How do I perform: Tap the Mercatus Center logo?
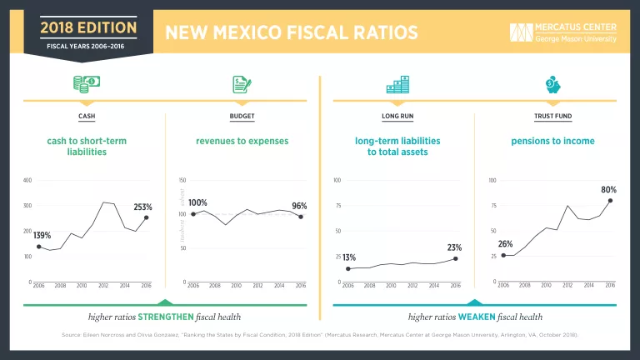click(x=564, y=32)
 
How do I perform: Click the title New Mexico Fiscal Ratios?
click(x=292, y=32)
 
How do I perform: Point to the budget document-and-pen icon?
click(x=242, y=84)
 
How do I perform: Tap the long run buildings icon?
click(x=397, y=84)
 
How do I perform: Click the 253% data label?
click(x=143, y=207)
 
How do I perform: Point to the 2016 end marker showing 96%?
click(x=300, y=217)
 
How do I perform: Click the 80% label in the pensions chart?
click(x=608, y=190)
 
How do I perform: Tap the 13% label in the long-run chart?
click(x=349, y=257)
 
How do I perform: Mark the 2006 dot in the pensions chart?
click(x=503, y=255)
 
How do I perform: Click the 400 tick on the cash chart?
click(x=28, y=181)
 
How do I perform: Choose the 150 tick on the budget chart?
click(x=183, y=181)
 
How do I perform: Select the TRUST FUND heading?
click(x=552, y=116)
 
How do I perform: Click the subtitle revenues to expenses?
click(x=242, y=141)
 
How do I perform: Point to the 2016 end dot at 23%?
click(x=455, y=258)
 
